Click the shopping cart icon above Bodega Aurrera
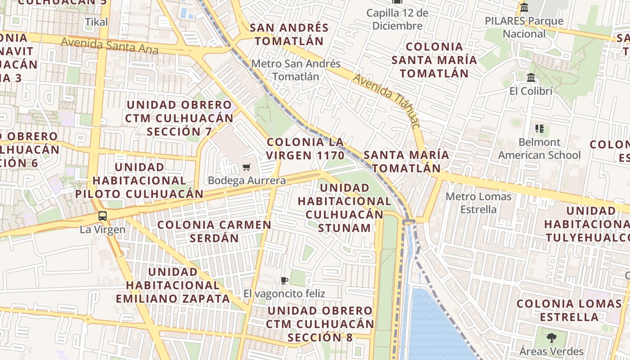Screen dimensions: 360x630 [246, 167]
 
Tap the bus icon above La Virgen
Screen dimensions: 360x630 [103, 216]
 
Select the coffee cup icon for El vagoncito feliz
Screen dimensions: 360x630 [284, 281]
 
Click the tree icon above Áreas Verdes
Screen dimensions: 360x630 [552, 338]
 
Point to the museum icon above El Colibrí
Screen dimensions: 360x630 [531, 78]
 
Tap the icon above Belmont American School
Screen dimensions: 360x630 [540, 129]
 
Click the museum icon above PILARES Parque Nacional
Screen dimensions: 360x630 [524, 8]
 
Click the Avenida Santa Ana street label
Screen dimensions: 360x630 [109, 45]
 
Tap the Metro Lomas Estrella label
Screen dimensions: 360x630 [478, 203]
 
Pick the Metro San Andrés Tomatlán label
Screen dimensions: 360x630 [296, 70]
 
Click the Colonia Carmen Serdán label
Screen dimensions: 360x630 [214, 231]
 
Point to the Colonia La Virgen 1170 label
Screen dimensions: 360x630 [305, 148]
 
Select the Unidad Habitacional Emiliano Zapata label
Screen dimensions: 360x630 [173, 285]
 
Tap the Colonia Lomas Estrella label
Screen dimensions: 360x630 [569, 310]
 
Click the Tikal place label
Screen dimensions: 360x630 [96, 22]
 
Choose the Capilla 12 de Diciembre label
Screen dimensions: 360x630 [397, 19]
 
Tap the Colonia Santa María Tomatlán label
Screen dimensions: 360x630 [434, 60]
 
